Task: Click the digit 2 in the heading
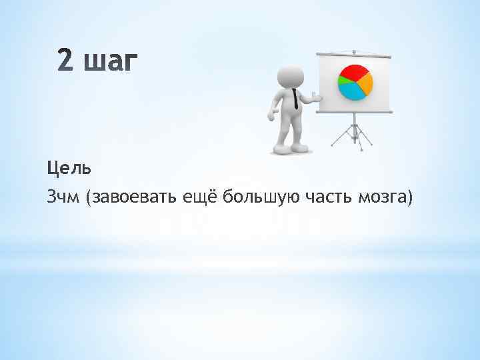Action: [67, 63]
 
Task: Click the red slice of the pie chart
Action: [354, 73]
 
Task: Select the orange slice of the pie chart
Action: [365, 83]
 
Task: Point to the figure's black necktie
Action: [295, 99]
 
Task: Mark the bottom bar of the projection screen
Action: [353, 112]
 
